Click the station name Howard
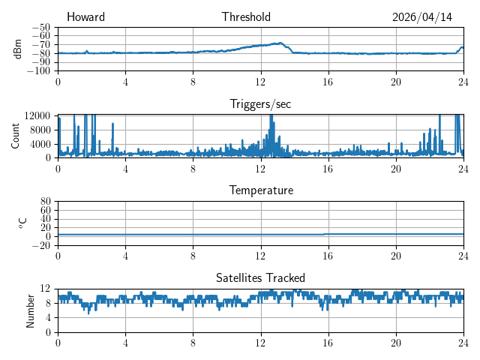85,16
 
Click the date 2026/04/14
422,17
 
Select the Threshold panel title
246,16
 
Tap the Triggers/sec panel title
260,104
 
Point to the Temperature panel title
261,190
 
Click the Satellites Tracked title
260,277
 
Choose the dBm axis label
17,49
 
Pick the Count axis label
15,136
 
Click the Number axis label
30,311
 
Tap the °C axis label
22,223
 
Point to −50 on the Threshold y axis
41,28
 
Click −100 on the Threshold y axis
38,71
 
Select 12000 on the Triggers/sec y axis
37,115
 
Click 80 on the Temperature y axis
45,201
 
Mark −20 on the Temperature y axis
41,245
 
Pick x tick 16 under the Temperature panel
328,256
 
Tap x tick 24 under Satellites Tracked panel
463,343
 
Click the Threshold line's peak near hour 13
280,43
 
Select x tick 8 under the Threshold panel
193,82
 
